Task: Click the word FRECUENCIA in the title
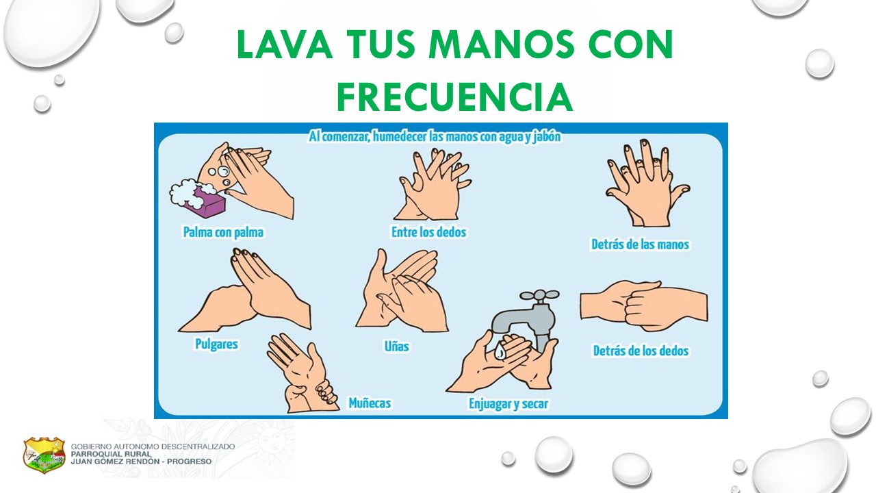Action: click(x=455, y=97)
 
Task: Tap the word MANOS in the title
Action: click(x=502, y=44)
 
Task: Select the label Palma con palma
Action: click(x=223, y=232)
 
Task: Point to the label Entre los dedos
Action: click(x=428, y=232)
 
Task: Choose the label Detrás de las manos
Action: click(x=640, y=244)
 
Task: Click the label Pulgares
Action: click(x=216, y=344)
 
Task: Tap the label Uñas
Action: click(x=396, y=346)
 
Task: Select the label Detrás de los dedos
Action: click(x=641, y=351)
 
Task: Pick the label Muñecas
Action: click(x=370, y=403)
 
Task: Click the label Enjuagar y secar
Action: click(x=508, y=404)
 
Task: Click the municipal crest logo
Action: click(x=44, y=455)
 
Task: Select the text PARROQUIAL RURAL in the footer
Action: click(x=111, y=454)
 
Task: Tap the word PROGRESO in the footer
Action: click(x=190, y=462)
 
